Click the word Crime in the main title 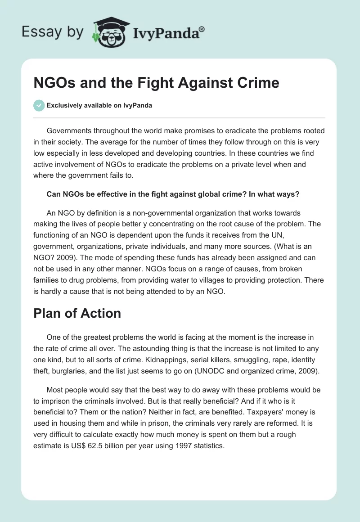tap(257, 83)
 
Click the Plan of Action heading tap(77, 313)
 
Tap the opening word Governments tap(72, 131)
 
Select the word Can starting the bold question tap(53, 194)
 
